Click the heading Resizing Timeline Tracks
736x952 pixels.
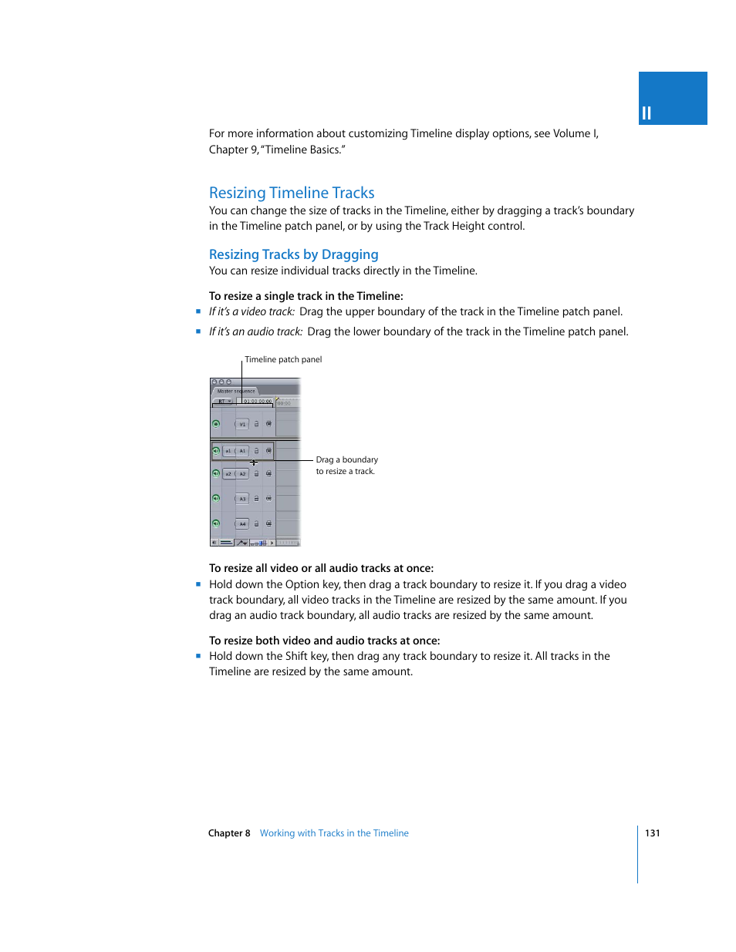pyautogui.click(x=292, y=193)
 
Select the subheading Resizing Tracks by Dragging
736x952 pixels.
pyautogui.click(x=293, y=254)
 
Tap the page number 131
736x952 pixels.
pyautogui.click(x=652, y=833)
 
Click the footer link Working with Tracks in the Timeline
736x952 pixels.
pyautogui.click(x=334, y=833)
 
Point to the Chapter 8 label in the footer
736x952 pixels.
pyautogui.click(x=229, y=833)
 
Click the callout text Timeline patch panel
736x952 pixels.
pyautogui.click(x=283, y=359)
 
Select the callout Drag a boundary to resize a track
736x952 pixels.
pyautogui.click(x=346, y=465)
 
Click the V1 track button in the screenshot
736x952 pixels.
pyautogui.click(x=242, y=424)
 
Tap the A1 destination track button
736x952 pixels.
pyautogui.click(x=242, y=451)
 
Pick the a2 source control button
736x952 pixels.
pyautogui.click(x=228, y=474)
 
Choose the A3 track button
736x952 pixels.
pyautogui.click(x=242, y=499)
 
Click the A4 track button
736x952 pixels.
pyautogui.click(x=242, y=524)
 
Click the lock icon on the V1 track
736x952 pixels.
pyautogui.click(x=257, y=424)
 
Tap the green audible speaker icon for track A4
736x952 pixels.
pyautogui.click(x=216, y=523)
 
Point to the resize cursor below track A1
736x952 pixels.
pyautogui.click(x=254, y=463)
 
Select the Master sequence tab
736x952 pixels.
pyautogui.click(x=236, y=391)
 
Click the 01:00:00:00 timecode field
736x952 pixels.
pyautogui.click(x=257, y=402)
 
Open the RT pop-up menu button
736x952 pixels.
pyautogui.click(x=224, y=402)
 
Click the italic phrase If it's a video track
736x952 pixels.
pyautogui.click(x=252, y=311)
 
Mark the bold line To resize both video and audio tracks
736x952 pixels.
pyautogui.click(x=324, y=641)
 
